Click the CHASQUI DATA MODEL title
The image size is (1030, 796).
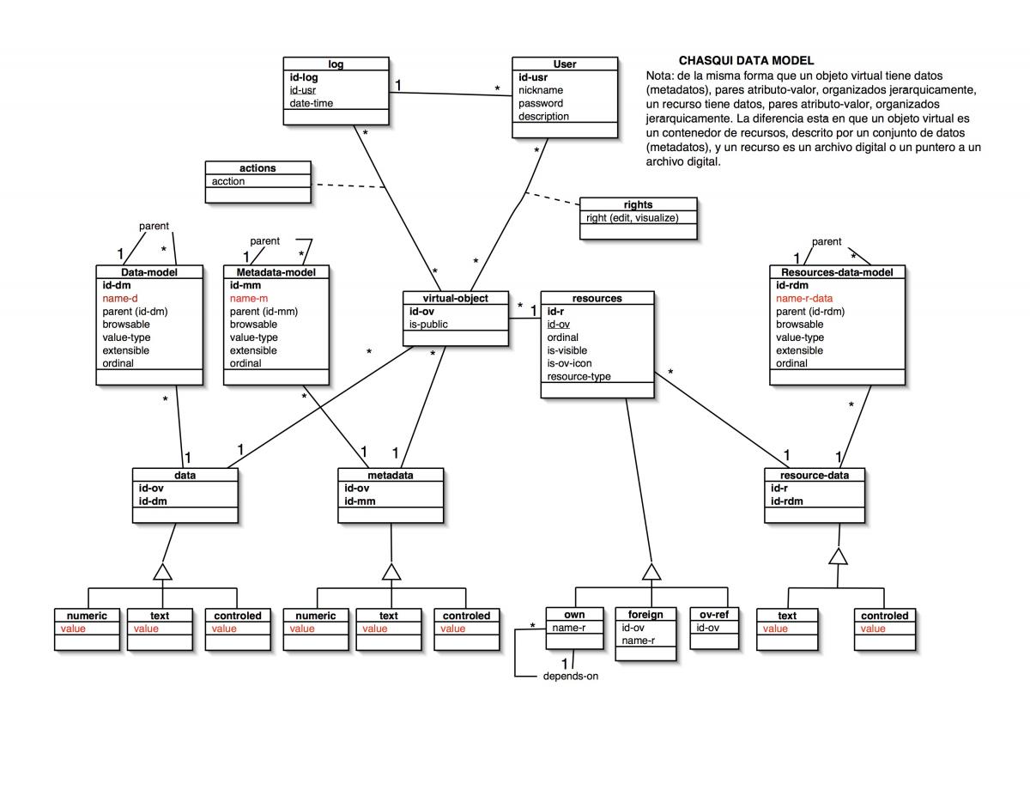click(x=746, y=61)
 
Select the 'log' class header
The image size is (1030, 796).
click(x=336, y=64)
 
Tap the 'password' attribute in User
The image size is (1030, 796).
click(x=541, y=103)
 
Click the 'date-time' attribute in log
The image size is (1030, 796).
click(x=312, y=103)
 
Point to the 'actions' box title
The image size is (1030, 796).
click(x=258, y=168)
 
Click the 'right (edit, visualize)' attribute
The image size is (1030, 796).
click(x=632, y=218)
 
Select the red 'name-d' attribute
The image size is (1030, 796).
click(x=120, y=298)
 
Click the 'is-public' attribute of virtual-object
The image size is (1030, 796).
click(x=428, y=325)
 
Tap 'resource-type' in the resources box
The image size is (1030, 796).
click(x=579, y=376)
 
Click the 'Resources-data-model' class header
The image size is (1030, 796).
click(x=838, y=272)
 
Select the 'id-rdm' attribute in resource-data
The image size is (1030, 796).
click(x=787, y=501)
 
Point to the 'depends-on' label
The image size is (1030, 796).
click(x=571, y=676)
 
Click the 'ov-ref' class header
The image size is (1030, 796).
click(x=708, y=615)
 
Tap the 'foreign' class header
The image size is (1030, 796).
click(x=645, y=615)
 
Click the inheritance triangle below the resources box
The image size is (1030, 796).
click(x=651, y=572)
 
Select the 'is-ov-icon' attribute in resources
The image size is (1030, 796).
click(x=569, y=363)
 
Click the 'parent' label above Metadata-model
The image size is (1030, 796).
click(x=264, y=241)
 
